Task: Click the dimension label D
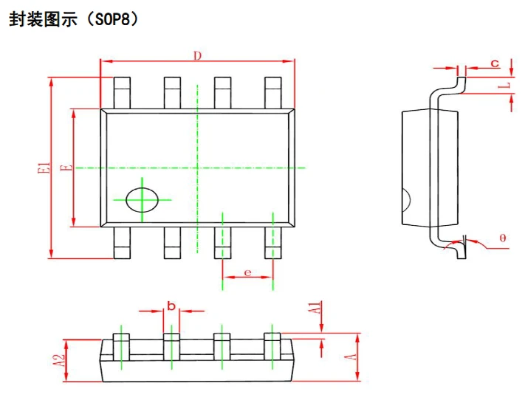click(198, 55)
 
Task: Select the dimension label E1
click(44, 168)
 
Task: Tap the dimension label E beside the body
click(66, 168)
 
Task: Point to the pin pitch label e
click(248, 273)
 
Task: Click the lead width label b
click(171, 306)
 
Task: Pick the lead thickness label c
click(495, 63)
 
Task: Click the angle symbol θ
click(503, 238)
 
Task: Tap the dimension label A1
click(315, 308)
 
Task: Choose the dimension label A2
click(60, 360)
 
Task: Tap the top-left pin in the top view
click(122, 93)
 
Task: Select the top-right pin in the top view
click(273, 93)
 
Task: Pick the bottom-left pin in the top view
click(122, 243)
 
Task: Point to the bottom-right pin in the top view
click(273, 243)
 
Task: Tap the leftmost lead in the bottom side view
click(121, 347)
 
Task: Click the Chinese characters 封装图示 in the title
click(43, 19)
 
